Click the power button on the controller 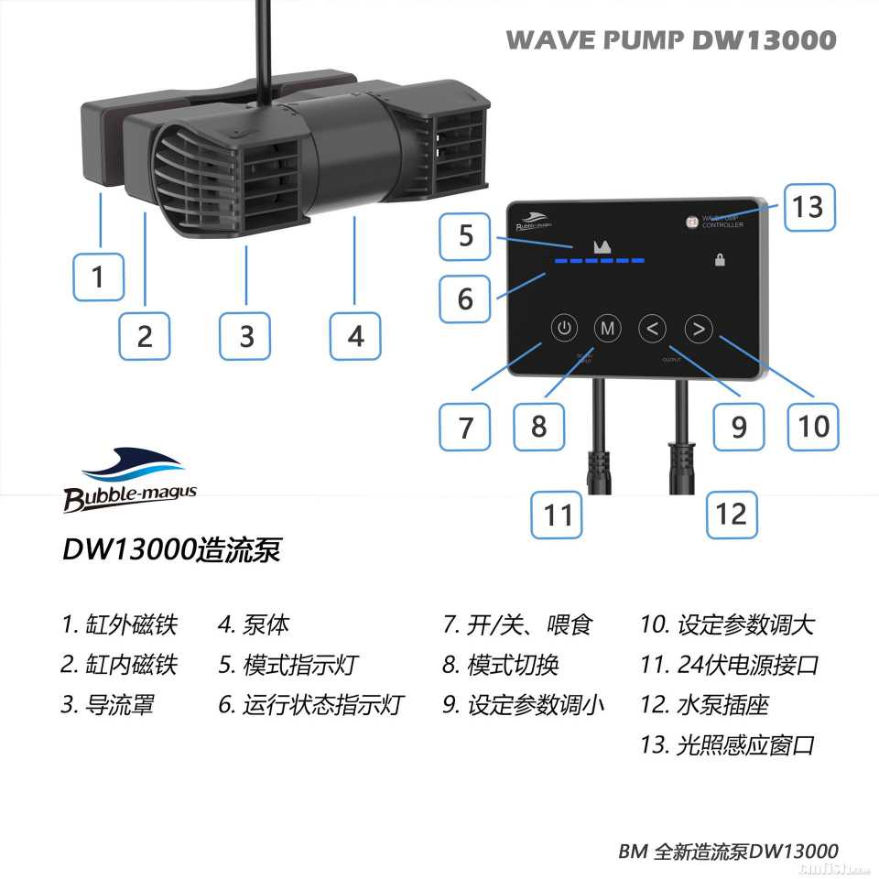pyautogui.click(x=565, y=328)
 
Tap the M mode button pyautogui.click(x=607, y=328)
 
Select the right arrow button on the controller pyautogui.click(x=699, y=328)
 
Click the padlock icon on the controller pyautogui.click(x=720, y=260)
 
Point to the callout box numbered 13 pyautogui.click(x=808, y=207)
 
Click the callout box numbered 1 pyautogui.click(x=99, y=276)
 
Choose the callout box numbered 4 pyautogui.click(x=356, y=336)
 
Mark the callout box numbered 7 pyautogui.click(x=465, y=426)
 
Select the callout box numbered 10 pyautogui.click(x=813, y=426)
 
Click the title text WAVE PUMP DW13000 pyautogui.click(x=670, y=40)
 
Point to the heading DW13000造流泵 pyautogui.click(x=171, y=550)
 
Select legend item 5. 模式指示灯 pyautogui.click(x=288, y=665)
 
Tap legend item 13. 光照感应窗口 pyautogui.click(x=727, y=744)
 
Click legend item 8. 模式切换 pyautogui.click(x=500, y=665)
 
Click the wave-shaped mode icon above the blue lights pyautogui.click(x=602, y=245)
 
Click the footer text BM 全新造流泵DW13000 pyautogui.click(x=728, y=851)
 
